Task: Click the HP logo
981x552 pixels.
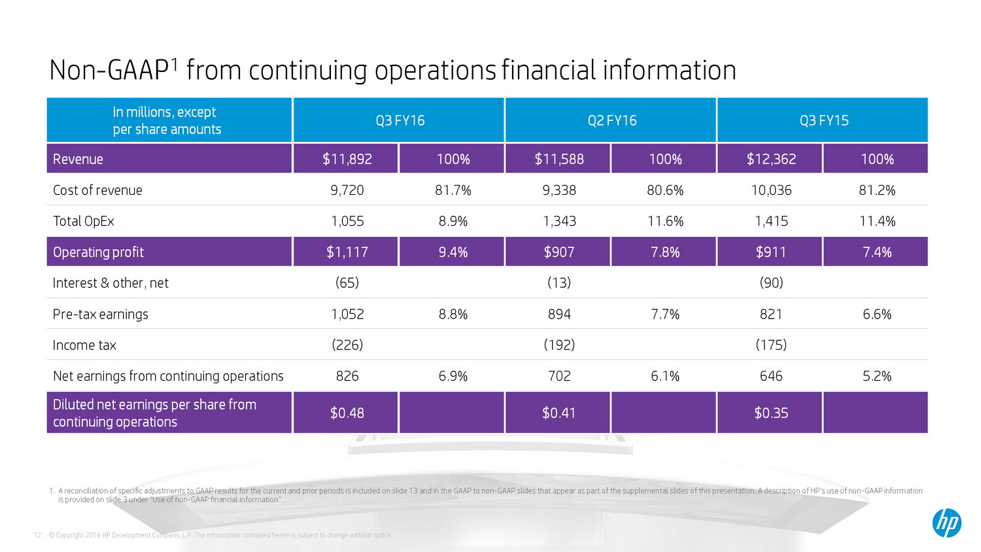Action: (x=946, y=523)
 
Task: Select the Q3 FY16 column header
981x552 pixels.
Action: (x=400, y=120)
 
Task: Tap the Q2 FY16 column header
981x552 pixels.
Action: (x=611, y=120)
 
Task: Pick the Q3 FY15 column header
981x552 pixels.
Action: (x=823, y=120)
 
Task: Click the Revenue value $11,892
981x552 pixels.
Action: (x=347, y=159)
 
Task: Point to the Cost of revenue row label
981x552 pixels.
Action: (x=97, y=190)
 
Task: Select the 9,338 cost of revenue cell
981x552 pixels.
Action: (x=559, y=190)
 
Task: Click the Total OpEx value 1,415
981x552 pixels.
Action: (x=771, y=221)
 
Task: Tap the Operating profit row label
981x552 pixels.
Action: (x=98, y=252)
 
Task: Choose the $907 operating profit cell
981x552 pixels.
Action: (x=559, y=252)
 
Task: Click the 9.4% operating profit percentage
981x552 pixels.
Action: (x=453, y=252)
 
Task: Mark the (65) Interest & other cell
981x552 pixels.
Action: (x=347, y=283)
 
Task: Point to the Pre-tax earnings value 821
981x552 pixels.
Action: (x=771, y=314)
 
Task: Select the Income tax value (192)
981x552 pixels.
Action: (x=559, y=345)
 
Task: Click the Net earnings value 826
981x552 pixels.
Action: (x=347, y=376)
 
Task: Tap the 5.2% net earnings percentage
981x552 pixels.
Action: (x=876, y=376)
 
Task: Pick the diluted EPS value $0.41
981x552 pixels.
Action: (x=559, y=413)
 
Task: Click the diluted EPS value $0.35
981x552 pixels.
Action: (x=771, y=413)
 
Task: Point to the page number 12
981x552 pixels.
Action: (x=37, y=535)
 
